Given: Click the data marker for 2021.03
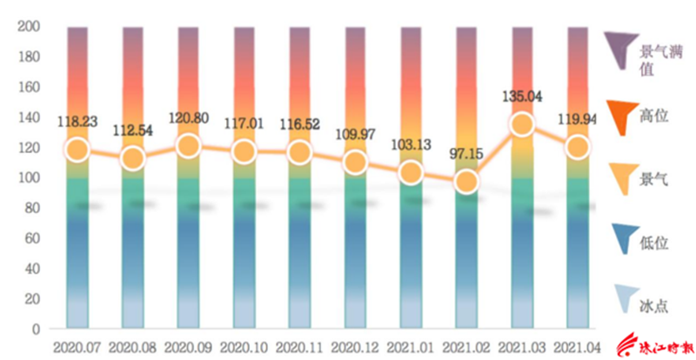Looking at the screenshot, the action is (x=522, y=123).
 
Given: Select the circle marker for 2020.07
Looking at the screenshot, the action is (x=77, y=150).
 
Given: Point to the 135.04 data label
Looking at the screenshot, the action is (x=522, y=97).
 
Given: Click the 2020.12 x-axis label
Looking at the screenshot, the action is (x=355, y=348).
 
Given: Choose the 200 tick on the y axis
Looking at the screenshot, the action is (x=29, y=27).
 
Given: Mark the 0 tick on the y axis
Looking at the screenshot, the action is (x=36, y=330).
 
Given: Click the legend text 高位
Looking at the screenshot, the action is (x=653, y=117).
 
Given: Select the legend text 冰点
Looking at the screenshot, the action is (x=653, y=306).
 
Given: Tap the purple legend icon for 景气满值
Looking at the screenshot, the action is (x=620, y=50).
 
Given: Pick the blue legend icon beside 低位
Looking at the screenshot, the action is (x=625, y=238).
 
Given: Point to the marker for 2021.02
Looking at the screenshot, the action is (x=466, y=182).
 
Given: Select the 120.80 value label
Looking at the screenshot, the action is (x=189, y=118).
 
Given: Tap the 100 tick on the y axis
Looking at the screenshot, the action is (x=29, y=178).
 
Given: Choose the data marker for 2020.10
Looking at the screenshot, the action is (x=244, y=152).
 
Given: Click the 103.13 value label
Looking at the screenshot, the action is (x=411, y=144).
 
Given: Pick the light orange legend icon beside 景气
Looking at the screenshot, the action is (x=624, y=178).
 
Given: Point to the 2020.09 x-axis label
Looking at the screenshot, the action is (x=189, y=348).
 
